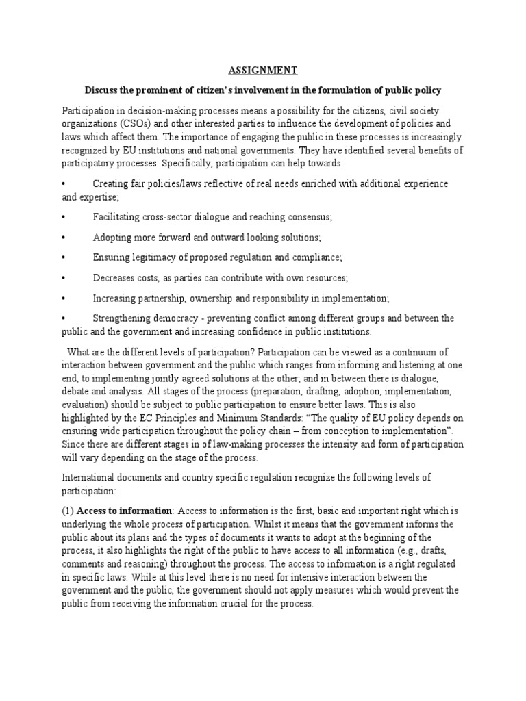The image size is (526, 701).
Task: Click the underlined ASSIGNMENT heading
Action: [263, 70]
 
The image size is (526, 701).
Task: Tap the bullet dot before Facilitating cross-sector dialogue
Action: [63, 217]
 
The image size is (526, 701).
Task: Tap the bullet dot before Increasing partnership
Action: [63, 298]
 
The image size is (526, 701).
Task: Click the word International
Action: [91, 477]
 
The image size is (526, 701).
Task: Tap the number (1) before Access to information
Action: [68, 510]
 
